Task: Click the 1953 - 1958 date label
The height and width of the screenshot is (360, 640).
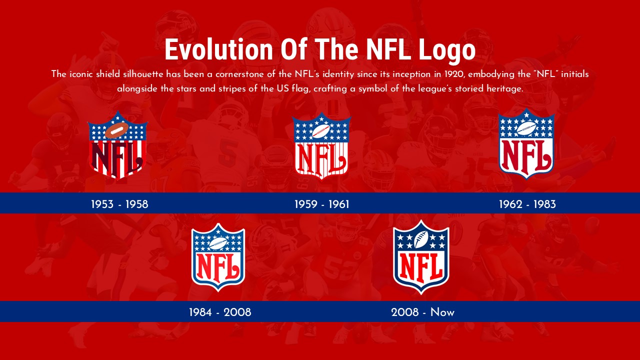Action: click(119, 204)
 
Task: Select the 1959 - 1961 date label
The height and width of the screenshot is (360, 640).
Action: click(321, 204)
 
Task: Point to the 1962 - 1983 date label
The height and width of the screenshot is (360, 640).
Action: click(527, 204)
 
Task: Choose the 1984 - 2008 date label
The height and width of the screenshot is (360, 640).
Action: click(220, 312)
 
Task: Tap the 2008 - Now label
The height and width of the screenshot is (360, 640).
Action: click(422, 312)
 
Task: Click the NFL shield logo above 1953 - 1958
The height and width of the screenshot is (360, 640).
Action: click(117, 144)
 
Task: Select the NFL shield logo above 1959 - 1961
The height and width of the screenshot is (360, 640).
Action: click(321, 146)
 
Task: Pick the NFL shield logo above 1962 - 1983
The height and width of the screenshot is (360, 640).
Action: click(526, 143)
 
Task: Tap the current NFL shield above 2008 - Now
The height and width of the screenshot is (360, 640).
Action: click(421, 256)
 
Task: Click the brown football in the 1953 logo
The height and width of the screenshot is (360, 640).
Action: click(117, 131)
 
